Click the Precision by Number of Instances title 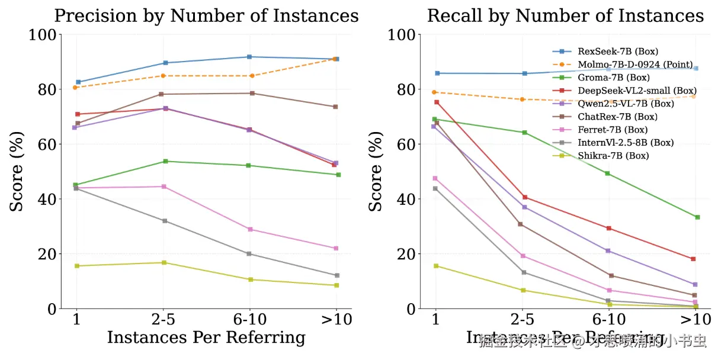tap(206, 15)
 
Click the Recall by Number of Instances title tap(566, 15)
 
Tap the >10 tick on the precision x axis tap(336, 320)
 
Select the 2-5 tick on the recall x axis tap(523, 320)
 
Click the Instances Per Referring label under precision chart tap(206, 338)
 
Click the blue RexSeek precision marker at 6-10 tap(249, 57)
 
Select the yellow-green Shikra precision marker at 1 tap(77, 266)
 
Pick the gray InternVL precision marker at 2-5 tap(165, 221)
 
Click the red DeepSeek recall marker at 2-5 tap(524, 197)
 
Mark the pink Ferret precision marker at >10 tap(336, 248)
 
